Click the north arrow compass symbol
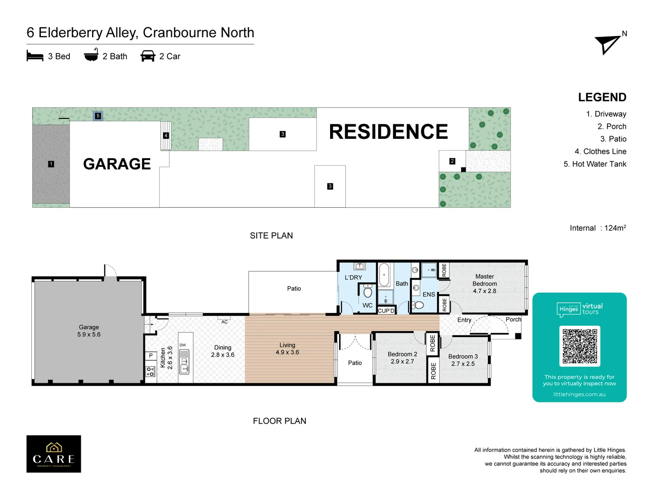608,44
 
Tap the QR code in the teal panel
580,346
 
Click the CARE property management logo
54,454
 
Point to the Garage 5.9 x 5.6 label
89,331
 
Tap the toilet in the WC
368,291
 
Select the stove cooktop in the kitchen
151,371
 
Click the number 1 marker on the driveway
51,164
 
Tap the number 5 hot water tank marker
98,116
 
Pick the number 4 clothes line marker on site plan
166,135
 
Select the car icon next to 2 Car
148,56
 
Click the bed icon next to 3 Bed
35,56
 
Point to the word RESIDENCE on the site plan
388,132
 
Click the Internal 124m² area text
598,228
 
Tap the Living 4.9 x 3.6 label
287,348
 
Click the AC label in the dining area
224,322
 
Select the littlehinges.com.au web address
579,394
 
